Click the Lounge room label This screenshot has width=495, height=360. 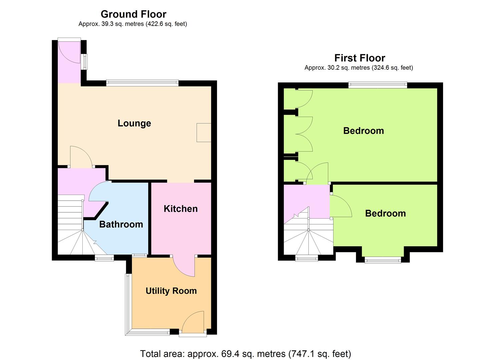point(134,123)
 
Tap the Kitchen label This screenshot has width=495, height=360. point(181,209)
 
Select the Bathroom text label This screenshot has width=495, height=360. point(121,224)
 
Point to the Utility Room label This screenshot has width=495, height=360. point(171,291)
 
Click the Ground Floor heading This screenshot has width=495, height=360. point(133,14)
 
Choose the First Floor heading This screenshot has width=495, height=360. point(360,58)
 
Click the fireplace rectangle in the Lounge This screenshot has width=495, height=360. point(204,132)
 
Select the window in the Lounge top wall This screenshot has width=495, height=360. point(142,83)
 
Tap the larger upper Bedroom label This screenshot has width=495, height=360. point(364,131)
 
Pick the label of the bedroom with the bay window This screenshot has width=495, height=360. point(385,213)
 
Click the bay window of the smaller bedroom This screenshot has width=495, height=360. point(383,260)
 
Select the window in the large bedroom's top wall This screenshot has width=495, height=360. point(378,85)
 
